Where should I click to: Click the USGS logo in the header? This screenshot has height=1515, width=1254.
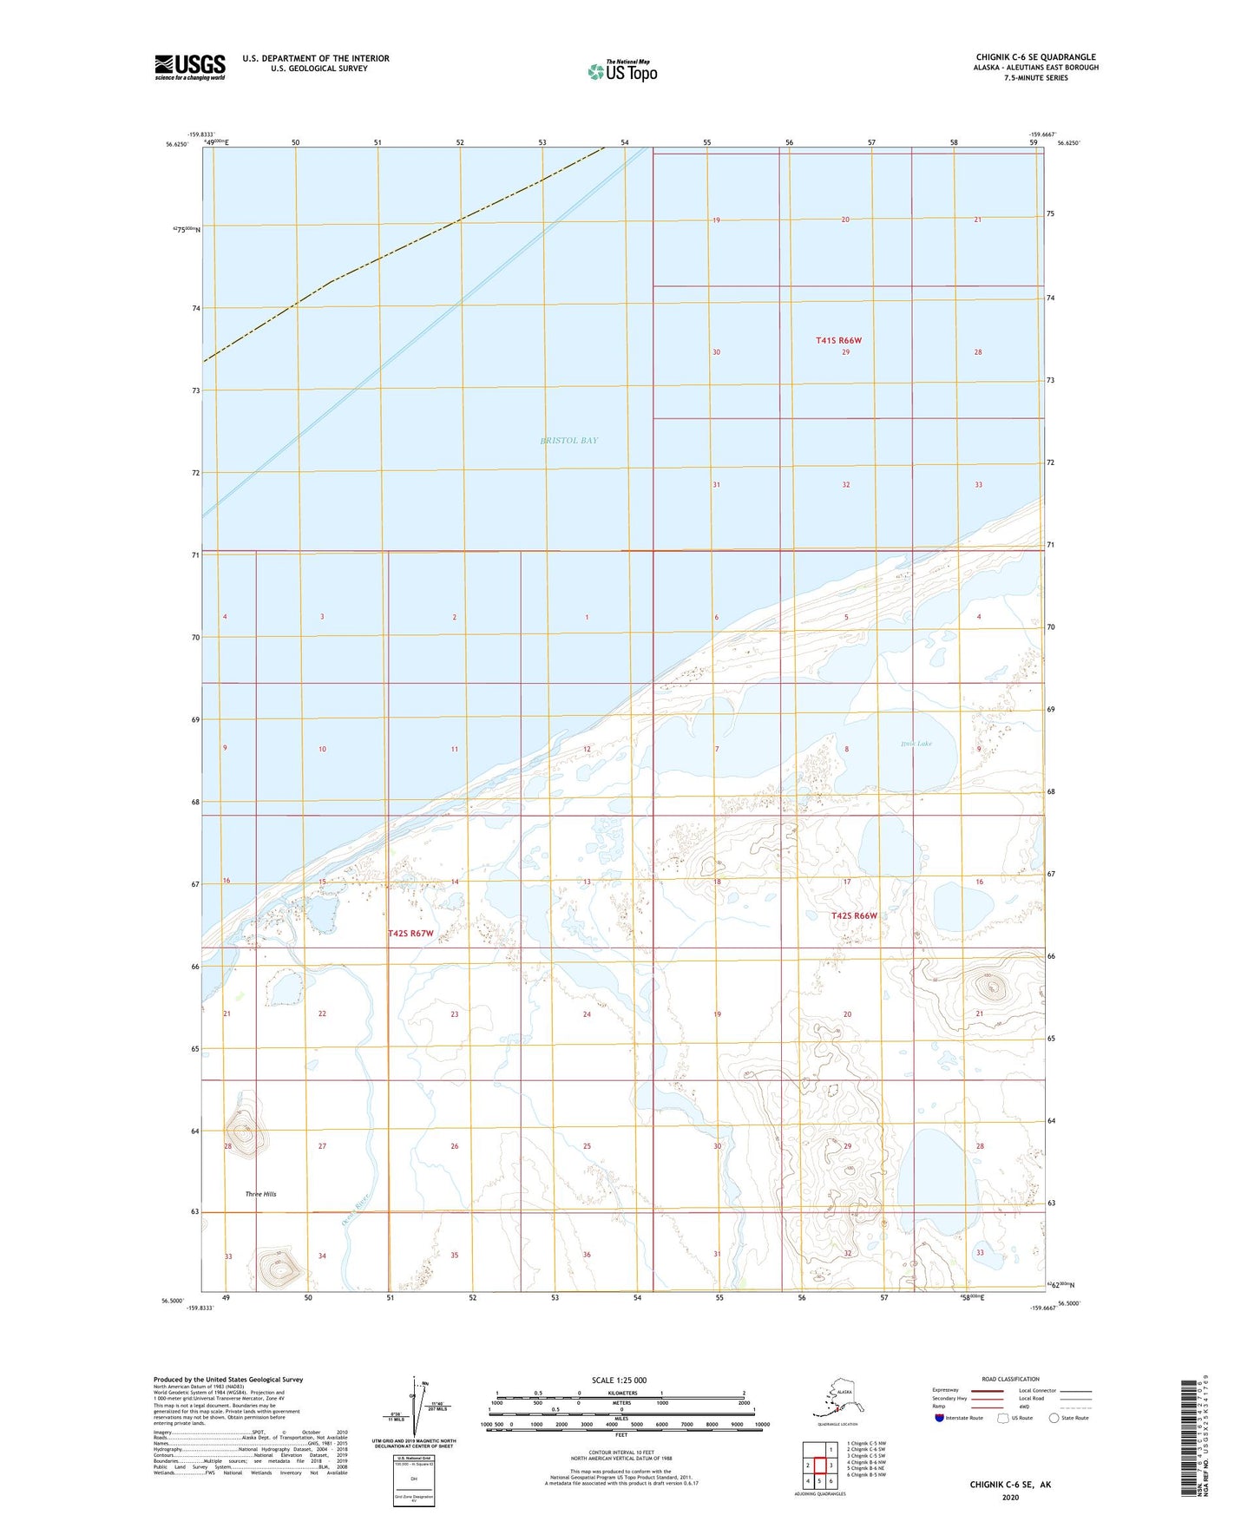pos(190,67)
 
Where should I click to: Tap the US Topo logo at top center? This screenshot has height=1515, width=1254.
pos(622,71)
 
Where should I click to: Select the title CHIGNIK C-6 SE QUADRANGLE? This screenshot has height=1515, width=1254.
pos(1035,57)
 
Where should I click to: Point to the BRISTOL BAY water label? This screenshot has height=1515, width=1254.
pos(569,441)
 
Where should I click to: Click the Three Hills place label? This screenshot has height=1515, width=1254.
pos(260,1194)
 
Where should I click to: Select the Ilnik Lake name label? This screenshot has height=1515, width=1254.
pos(916,744)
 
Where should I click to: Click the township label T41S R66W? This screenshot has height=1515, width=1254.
pos(838,341)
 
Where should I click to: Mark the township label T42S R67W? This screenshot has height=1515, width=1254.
pos(410,934)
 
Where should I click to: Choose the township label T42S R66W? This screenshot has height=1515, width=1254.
pos(854,916)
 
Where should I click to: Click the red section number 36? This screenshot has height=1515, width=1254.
pos(587,1256)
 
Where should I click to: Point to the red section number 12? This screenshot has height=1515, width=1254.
pos(587,749)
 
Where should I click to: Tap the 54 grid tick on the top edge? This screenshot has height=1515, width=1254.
pos(625,142)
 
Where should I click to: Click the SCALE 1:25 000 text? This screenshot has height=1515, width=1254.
pos(619,1381)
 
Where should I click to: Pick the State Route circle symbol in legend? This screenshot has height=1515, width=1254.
pos(1054,1418)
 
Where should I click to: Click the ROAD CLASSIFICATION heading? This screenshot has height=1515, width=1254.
pos(1010,1379)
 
